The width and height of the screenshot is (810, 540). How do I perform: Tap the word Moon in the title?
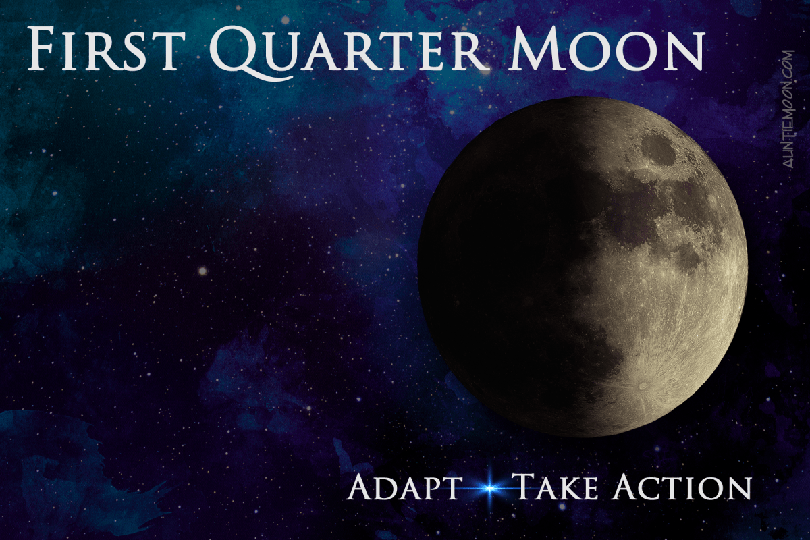click(x=607, y=51)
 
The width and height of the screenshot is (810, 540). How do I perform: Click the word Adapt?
click(x=404, y=487)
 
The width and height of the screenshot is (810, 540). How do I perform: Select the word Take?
click(x=553, y=487)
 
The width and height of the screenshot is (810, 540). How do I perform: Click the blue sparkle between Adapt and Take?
click(x=487, y=488)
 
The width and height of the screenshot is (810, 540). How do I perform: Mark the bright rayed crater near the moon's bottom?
click(x=642, y=387)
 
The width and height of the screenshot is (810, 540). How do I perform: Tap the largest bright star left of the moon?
click(x=201, y=271)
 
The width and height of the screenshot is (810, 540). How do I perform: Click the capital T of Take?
click(x=524, y=487)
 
